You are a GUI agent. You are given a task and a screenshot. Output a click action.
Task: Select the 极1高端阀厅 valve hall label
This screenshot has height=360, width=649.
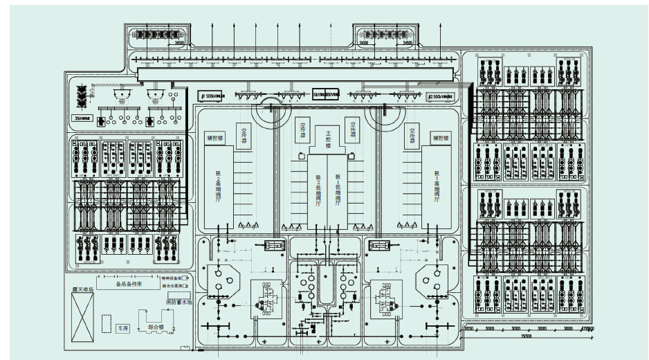(x=437, y=188)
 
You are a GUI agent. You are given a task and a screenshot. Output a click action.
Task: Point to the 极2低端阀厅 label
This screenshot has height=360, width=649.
(x=318, y=188)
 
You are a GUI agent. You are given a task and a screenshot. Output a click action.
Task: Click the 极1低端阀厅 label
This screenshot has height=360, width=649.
(x=338, y=188)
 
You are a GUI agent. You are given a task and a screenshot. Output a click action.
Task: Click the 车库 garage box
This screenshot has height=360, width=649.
(x=124, y=328)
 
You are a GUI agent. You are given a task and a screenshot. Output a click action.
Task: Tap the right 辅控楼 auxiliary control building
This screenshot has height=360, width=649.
(x=441, y=138)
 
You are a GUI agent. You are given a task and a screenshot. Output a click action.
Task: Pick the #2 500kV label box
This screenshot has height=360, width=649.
(x=441, y=95)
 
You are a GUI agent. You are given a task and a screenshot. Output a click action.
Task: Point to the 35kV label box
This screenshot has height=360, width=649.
(x=82, y=118)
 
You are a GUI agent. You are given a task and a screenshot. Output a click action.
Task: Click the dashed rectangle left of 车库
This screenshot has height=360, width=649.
(x=107, y=323)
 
